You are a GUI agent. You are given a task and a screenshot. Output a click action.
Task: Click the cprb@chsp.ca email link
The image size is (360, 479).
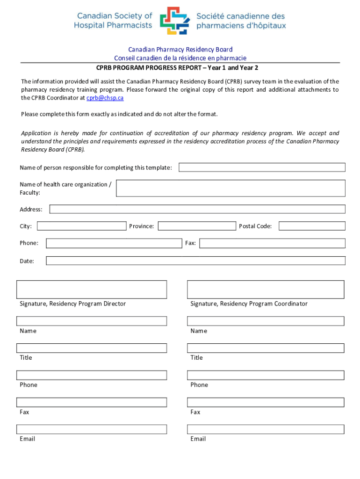click(x=105, y=98)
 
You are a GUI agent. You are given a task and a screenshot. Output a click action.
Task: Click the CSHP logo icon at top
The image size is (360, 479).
click(x=175, y=21)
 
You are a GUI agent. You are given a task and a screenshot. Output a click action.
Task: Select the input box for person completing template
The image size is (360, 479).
click(x=262, y=167)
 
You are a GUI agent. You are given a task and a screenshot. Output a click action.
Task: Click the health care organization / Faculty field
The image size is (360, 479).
click(x=230, y=188)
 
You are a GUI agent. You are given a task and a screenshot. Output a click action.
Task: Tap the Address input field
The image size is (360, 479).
click(x=197, y=209)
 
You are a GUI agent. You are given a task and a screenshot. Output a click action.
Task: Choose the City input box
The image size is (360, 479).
click(x=81, y=226)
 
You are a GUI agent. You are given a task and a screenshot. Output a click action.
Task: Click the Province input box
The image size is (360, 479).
click(x=197, y=226)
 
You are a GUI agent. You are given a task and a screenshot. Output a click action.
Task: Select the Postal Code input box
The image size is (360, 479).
click(x=312, y=226)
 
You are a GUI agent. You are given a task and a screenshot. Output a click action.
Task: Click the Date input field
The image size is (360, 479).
click(x=195, y=261)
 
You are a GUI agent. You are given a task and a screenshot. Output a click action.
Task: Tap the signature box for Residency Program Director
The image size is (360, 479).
click(x=92, y=289)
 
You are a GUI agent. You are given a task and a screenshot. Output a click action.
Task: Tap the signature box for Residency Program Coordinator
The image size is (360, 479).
click(x=266, y=289)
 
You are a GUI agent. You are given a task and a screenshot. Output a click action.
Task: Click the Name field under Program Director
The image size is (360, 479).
click(x=92, y=321)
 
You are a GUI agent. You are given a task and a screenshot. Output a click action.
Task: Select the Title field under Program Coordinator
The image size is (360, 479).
click(x=266, y=348)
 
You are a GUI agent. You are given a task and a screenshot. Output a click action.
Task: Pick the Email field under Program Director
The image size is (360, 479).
click(x=92, y=429)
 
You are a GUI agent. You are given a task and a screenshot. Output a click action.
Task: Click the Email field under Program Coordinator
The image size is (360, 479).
click(x=266, y=429)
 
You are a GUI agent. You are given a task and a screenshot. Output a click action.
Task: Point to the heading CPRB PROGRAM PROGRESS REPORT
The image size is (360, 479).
click(x=180, y=68)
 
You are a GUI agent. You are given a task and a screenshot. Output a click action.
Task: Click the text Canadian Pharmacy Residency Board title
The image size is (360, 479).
click(x=180, y=50)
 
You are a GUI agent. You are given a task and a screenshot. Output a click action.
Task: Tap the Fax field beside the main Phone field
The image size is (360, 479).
click(x=272, y=243)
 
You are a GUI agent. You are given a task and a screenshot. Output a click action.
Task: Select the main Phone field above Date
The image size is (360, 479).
click(x=114, y=243)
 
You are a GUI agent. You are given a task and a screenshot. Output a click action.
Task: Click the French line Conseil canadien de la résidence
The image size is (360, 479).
click(x=180, y=58)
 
